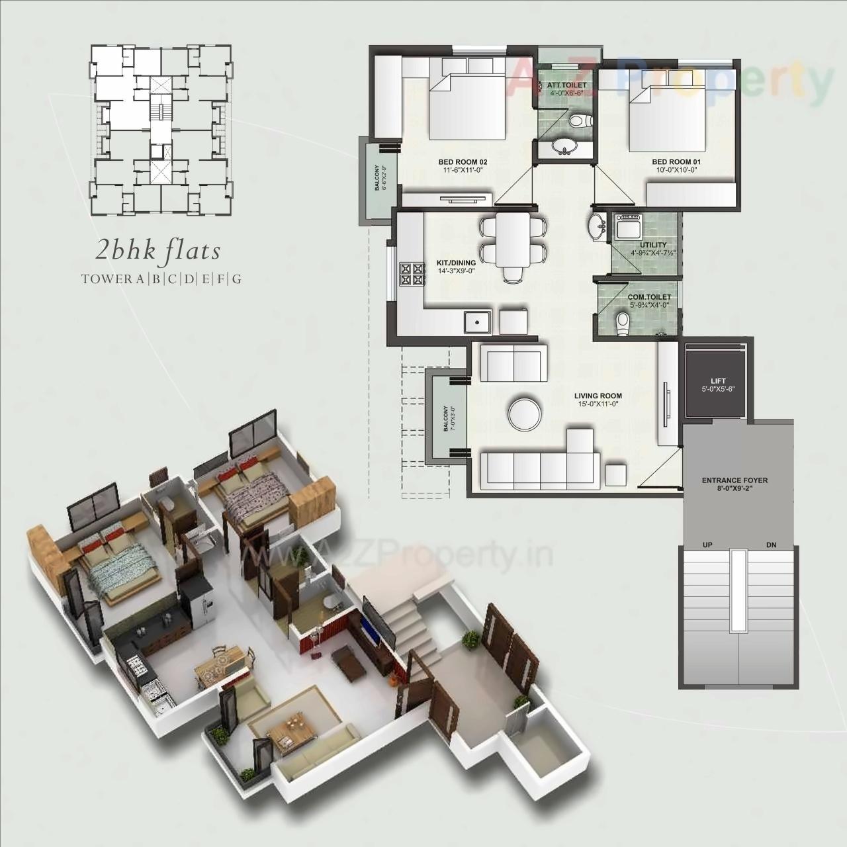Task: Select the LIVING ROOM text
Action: pyautogui.click(x=598, y=396)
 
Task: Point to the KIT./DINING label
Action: pyautogui.click(x=456, y=263)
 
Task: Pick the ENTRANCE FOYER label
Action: pyautogui.click(x=735, y=480)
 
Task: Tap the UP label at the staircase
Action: pyautogui.click(x=707, y=545)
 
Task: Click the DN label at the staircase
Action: pyautogui.click(x=771, y=545)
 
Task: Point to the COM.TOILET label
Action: pyautogui.click(x=649, y=297)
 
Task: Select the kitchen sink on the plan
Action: pyautogui.click(x=476, y=322)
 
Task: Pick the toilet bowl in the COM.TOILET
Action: pyautogui.click(x=622, y=322)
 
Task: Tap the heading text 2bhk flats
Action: pyautogui.click(x=157, y=251)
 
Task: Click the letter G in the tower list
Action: pyautogui.click(x=236, y=279)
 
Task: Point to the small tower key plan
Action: pyautogui.click(x=161, y=130)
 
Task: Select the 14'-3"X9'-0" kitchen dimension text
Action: pyautogui.click(x=456, y=271)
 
